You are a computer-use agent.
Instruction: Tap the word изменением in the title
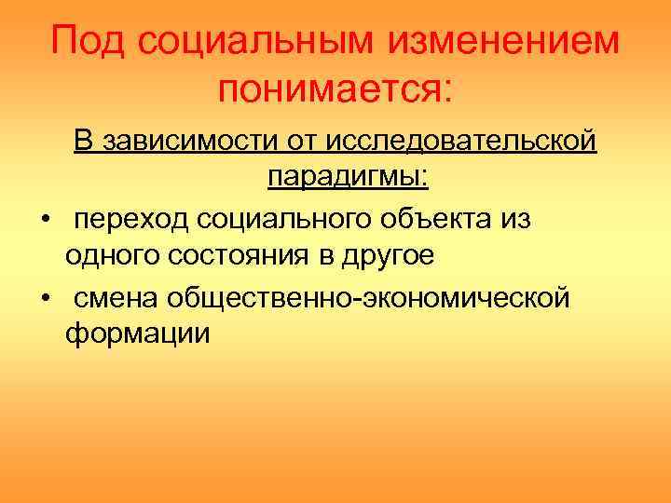pyautogui.click(x=498, y=41)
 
